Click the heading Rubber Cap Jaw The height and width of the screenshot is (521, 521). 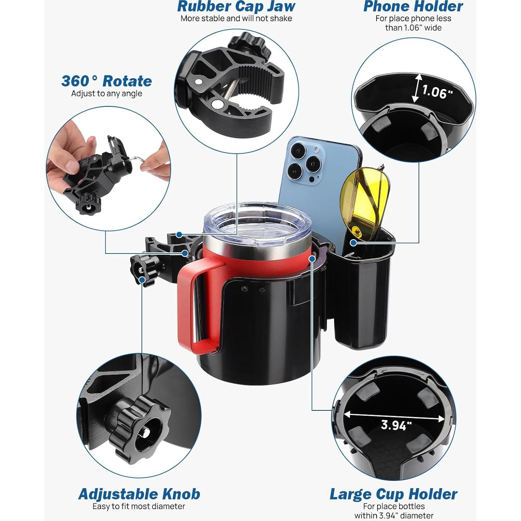point(236,6)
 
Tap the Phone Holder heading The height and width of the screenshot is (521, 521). point(413,6)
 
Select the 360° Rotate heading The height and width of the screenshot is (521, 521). point(106,81)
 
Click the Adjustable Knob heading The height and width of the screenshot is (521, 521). point(139,494)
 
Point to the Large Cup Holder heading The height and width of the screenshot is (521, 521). point(393,494)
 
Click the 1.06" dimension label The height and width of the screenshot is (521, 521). point(437,92)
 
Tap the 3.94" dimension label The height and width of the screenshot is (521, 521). point(396,425)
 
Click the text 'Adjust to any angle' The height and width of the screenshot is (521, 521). point(106,94)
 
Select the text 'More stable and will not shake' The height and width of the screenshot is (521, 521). point(236,18)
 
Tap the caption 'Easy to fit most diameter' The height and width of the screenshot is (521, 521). point(139,506)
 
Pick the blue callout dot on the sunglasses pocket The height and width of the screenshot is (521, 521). point(353,242)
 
